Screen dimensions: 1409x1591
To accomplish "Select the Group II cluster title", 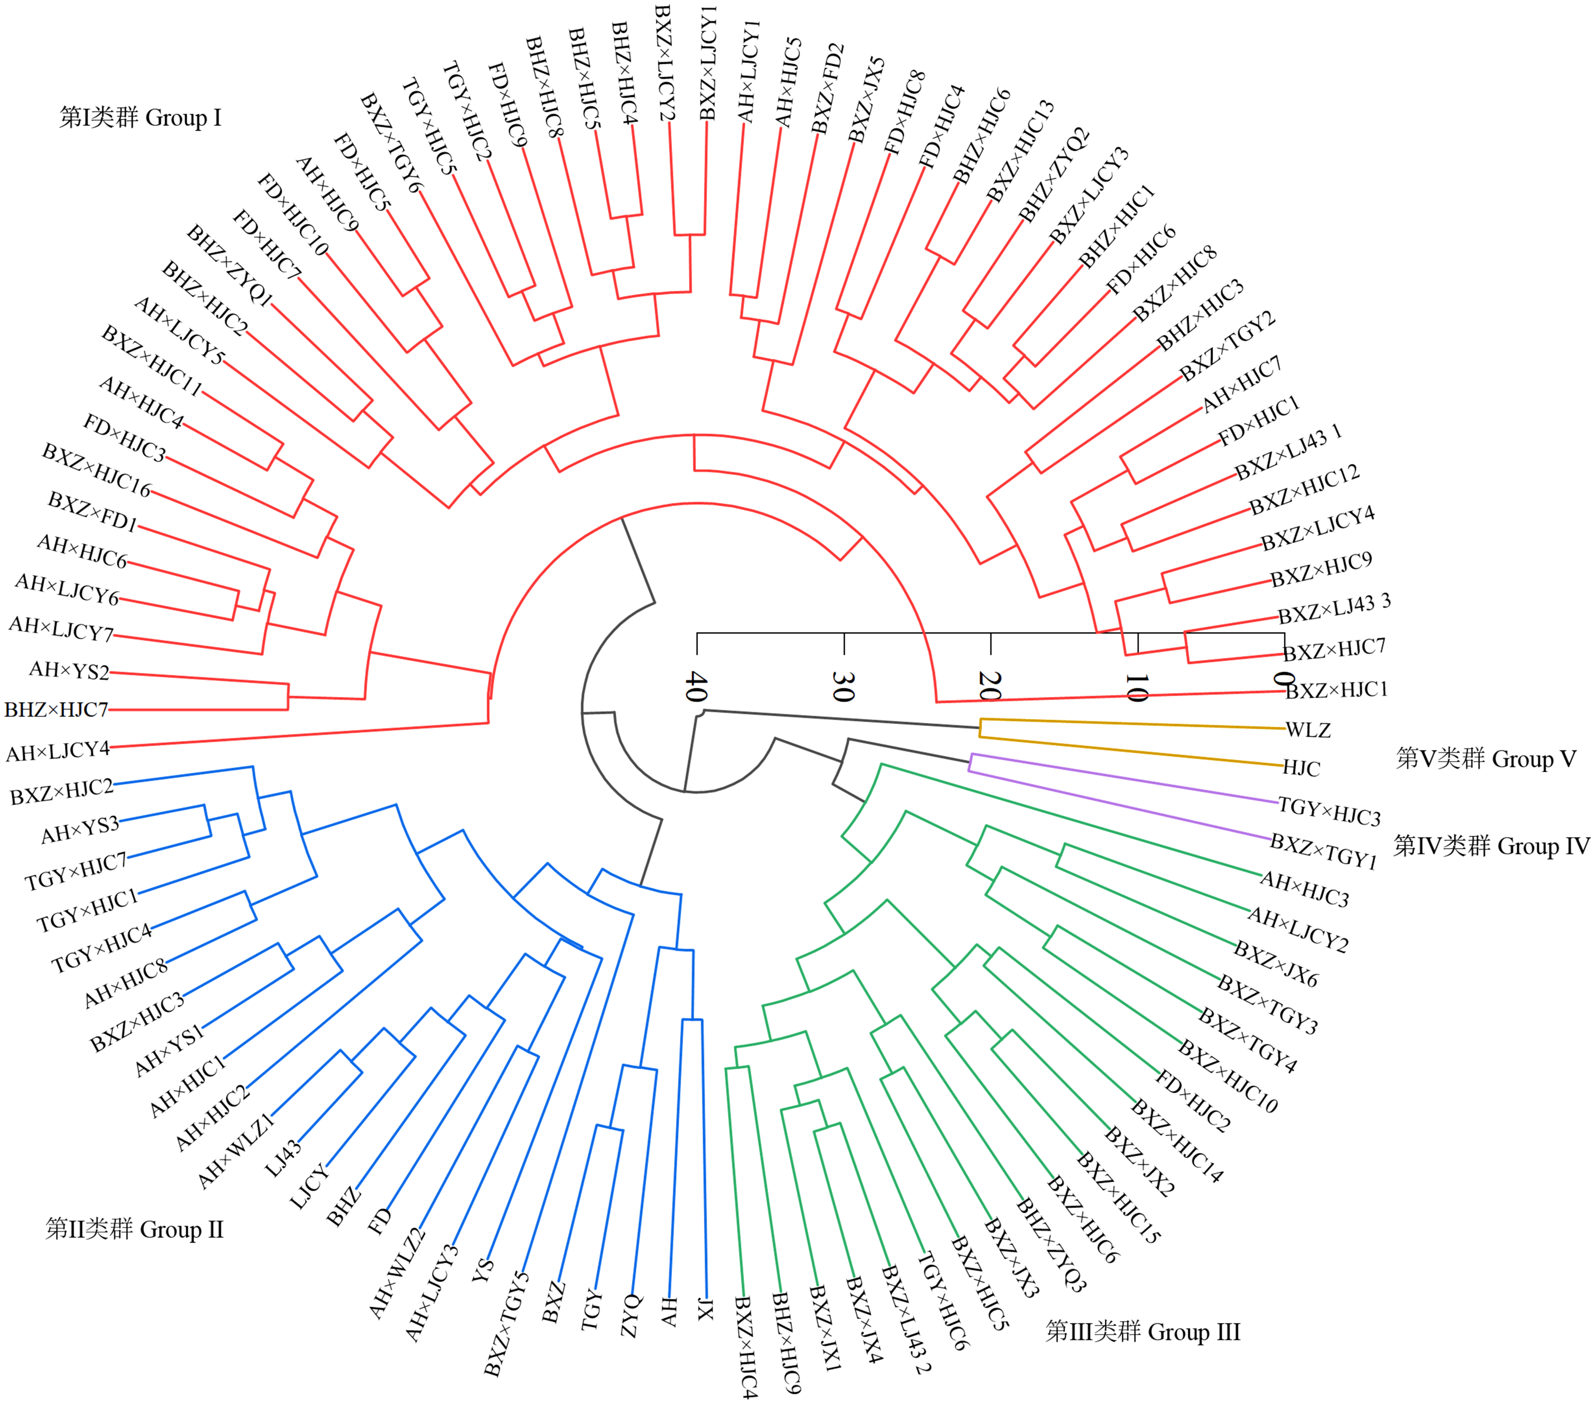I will point(135,1230).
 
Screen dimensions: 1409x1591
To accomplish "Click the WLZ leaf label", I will point(1307,730).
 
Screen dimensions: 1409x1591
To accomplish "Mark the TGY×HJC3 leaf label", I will point(1329,812).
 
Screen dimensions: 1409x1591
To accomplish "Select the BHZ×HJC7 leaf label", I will point(56,710).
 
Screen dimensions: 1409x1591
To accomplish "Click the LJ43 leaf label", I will point(284,1158).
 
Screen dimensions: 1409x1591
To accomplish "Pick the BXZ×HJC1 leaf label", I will point(1336,690).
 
